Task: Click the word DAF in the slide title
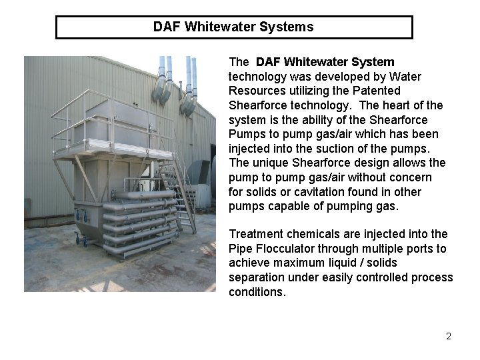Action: (x=167, y=27)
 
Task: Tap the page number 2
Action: (x=449, y=336)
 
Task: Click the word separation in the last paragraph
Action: (x=256, y=277)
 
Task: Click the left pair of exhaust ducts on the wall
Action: (x=163, y=80)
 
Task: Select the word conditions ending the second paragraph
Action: (x=256, y=292)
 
